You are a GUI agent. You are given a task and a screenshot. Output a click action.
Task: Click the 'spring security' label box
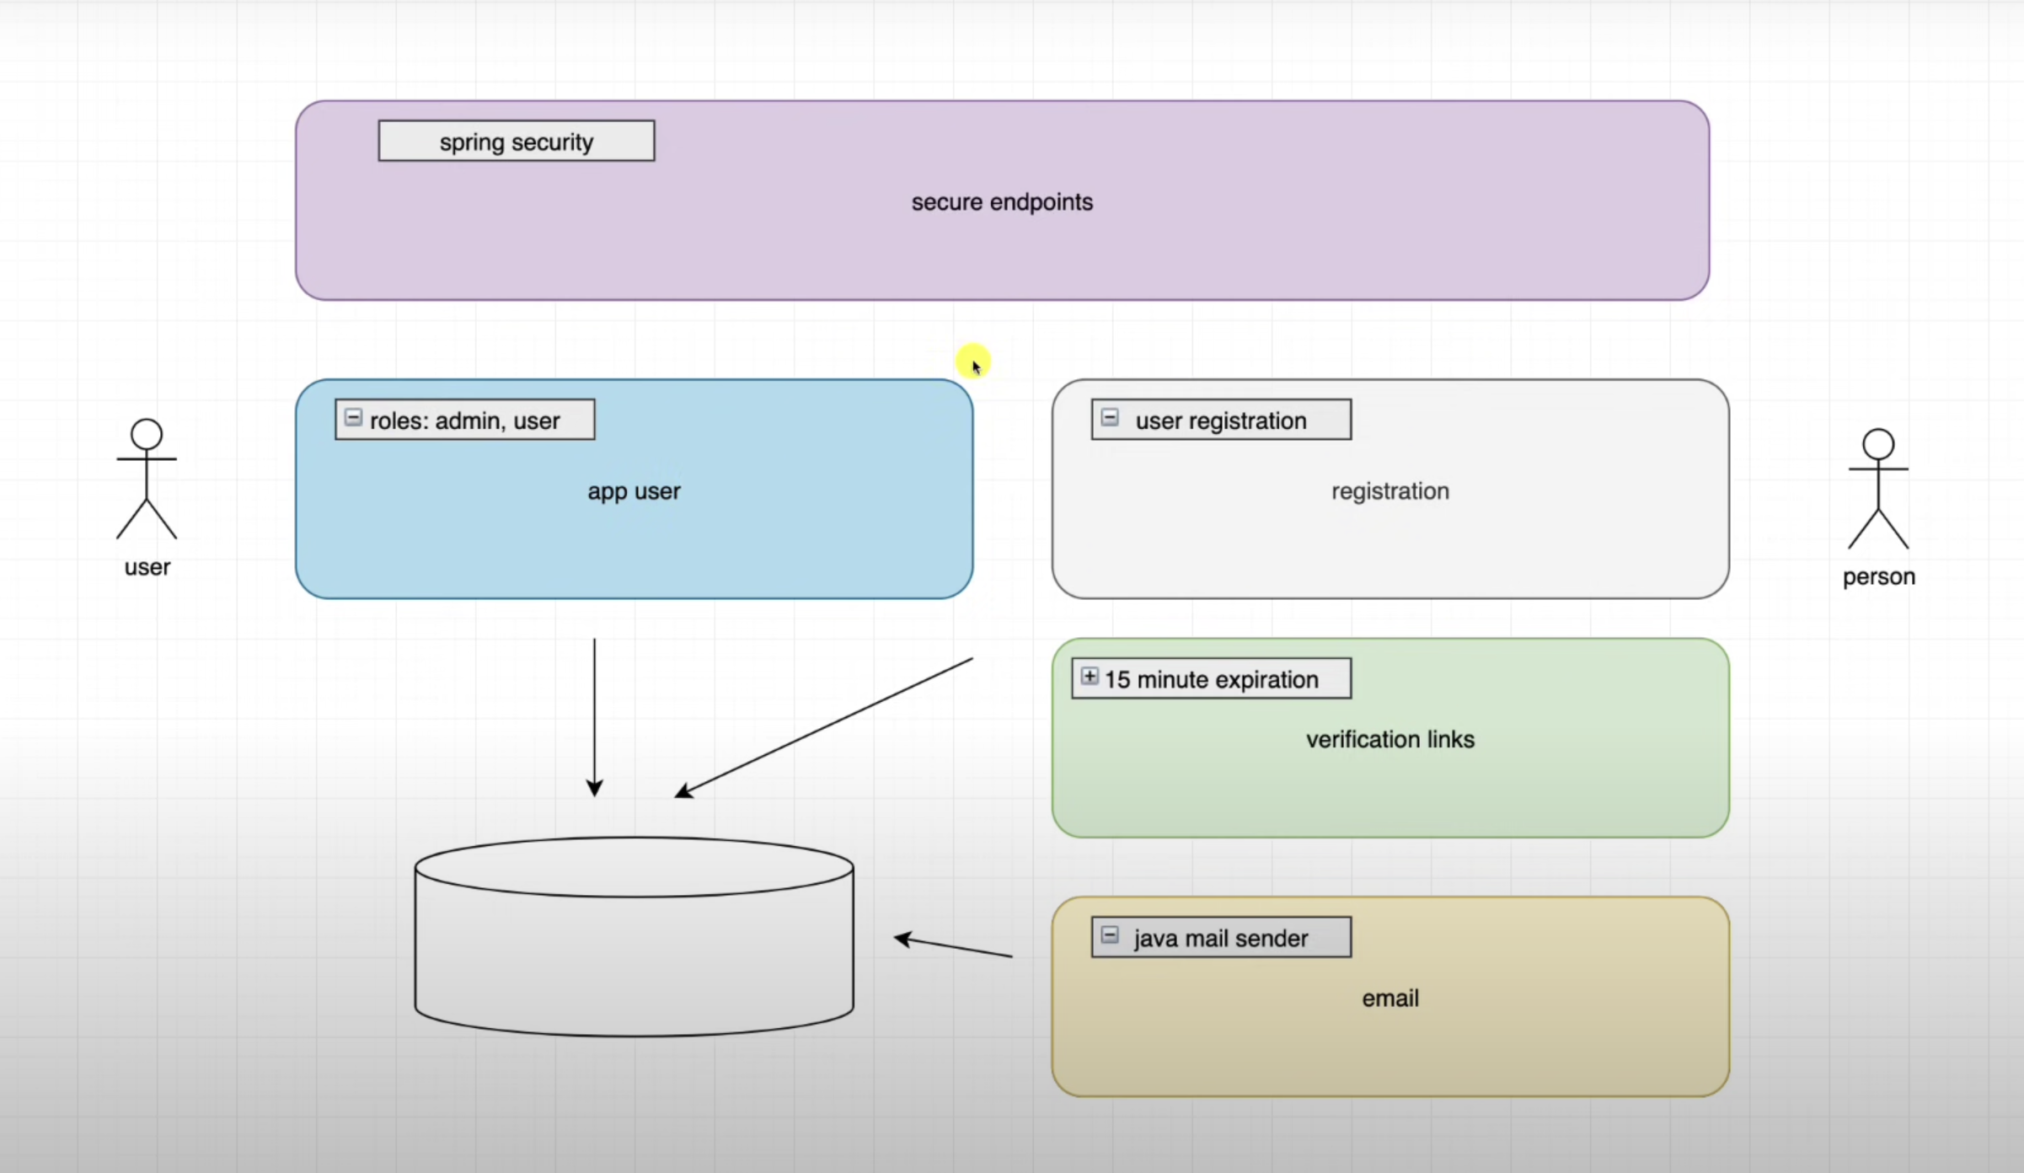coord(516,141)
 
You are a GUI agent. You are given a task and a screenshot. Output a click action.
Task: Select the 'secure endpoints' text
coord(1002,202)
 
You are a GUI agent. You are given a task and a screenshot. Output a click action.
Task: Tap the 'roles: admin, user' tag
coord(464,420)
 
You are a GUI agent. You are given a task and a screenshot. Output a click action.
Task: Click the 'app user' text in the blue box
coord(634,491)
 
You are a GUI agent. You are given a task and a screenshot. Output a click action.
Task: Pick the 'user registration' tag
coord(1221,420)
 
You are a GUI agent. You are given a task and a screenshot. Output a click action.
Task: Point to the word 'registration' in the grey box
coord(1389,491)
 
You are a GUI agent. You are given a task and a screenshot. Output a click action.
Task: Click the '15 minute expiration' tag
coord(1211,679)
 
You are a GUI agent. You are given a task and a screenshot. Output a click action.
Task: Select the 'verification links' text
coord(1389,739)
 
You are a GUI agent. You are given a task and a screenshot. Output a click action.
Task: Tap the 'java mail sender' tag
coord(1221,938)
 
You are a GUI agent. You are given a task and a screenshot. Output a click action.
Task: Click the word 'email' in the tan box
coord(1389,999)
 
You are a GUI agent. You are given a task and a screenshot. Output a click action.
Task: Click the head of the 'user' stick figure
coord(147,434)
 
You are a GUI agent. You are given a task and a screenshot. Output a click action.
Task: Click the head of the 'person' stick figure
coord(1878,444)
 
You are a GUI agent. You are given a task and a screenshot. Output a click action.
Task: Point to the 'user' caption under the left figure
coord(147,567)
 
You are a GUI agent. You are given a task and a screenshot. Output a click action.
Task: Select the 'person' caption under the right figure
coord(1878,577)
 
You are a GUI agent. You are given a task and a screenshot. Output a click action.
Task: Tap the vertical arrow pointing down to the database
coord(594,716)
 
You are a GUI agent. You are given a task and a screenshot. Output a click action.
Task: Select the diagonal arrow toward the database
coord(823,727)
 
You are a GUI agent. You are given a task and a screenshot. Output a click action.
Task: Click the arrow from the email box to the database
coord(953,947)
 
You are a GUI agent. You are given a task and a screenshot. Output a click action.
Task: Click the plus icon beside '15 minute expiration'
coord(1090,677)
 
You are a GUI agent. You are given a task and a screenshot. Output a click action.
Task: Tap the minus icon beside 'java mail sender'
coord(1110,935)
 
